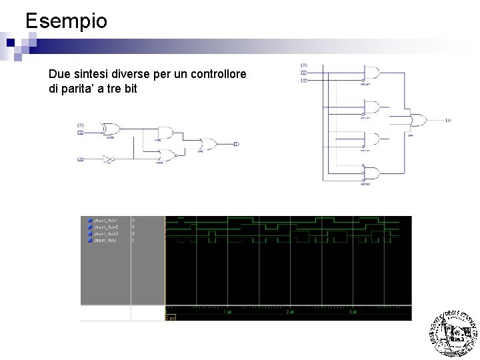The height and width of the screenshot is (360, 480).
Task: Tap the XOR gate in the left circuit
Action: [x=110, y=129]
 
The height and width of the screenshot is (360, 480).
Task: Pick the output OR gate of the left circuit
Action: [x=208, y=144]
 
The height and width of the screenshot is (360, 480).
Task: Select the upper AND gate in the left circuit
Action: [x=165, y=132]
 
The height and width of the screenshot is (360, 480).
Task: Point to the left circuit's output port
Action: [x=237, y=144]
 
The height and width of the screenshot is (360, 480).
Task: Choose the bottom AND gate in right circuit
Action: [x=371, y=174]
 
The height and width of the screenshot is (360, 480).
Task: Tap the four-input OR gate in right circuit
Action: [x=418, y=121]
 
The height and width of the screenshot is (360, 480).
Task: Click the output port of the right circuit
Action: [x=448, y=121]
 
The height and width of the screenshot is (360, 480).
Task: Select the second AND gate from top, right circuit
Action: [x=371, y=107]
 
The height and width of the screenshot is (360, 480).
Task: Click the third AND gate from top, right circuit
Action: [x=371, y=141]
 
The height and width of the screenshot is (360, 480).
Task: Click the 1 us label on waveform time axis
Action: [x=227, y=312]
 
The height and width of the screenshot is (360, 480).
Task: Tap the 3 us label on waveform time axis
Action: [x=353, y=312]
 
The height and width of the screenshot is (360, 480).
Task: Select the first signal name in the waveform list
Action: [x=107, y=219]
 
